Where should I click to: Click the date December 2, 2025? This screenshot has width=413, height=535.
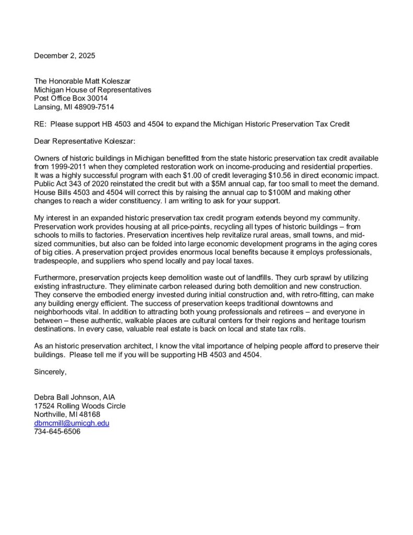coord(65,55)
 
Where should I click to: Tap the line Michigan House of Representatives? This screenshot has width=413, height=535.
coord(92,89)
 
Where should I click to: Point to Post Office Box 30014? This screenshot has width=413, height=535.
coord(70,98)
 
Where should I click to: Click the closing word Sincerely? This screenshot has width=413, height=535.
coord(50,372)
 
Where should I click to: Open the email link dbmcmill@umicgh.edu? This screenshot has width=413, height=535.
coord(72,423)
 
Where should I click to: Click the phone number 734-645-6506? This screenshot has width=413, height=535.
coord(57,432)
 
